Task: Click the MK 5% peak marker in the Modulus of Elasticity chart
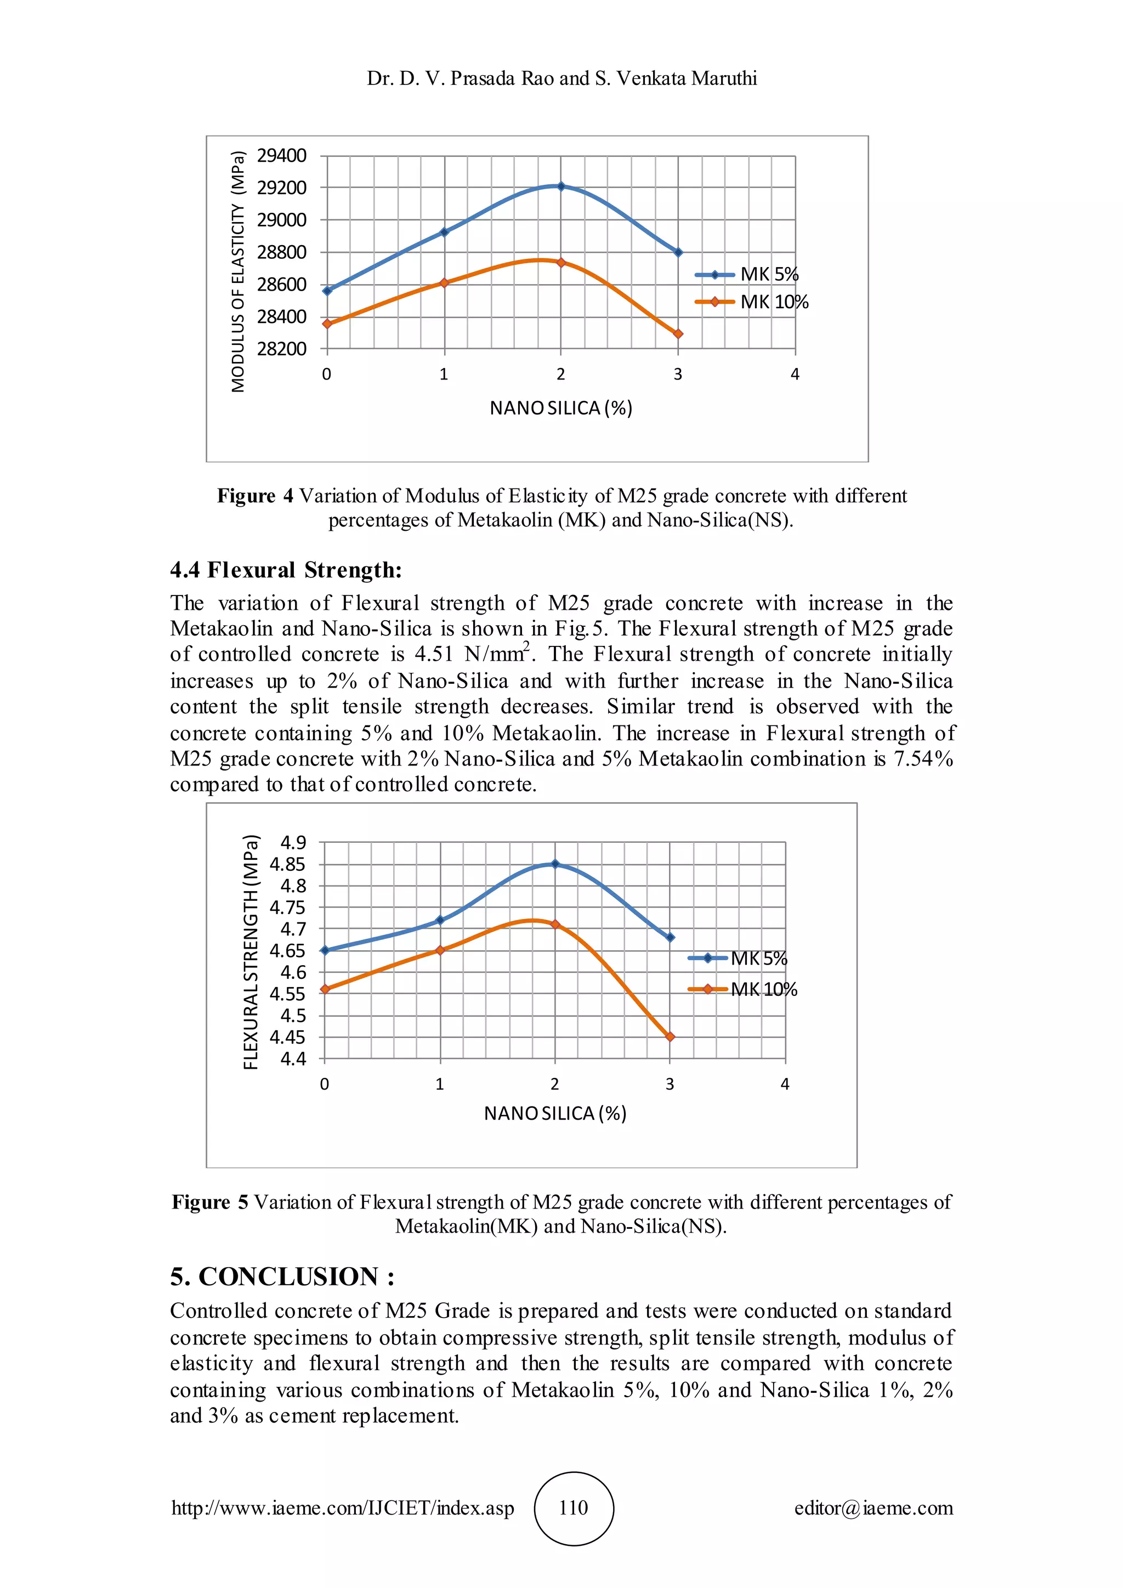(x=561, y=186)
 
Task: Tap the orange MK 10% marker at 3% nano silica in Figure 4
(x=678, y=333)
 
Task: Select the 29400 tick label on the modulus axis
(x=281, y=156)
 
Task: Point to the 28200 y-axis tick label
(x=281, y=349)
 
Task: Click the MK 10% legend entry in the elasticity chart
(x=773, y=302)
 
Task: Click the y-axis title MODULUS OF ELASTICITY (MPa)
(x=239, y=271)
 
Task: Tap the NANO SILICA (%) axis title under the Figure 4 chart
(x=561, y=408)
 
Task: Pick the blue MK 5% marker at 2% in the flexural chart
(x=554, y=864)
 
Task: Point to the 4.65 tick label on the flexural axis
(x=288, y=951)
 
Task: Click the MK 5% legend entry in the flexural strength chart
(x=758, y=959)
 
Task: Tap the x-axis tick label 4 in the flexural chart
(x=785, y=1085)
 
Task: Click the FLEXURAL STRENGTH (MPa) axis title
(x=251, y=952)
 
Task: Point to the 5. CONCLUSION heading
(x=282, y=1277)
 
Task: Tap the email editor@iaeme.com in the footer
(x=874, y=1508)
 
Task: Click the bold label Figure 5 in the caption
(x=209, y=1202)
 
